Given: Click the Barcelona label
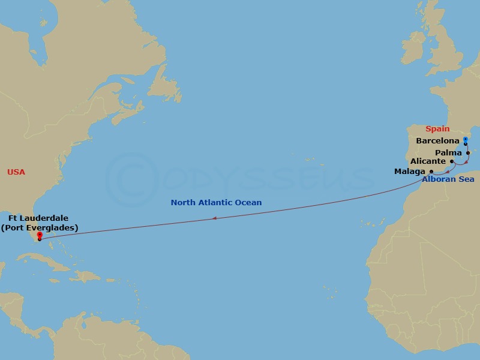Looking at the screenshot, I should (x=437, y=141).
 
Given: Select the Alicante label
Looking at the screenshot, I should (x=428, y=161).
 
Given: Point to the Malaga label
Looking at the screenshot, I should (x=410, y=172).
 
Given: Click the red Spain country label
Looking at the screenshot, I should (x=437, y=129).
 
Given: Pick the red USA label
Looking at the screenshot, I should (x=16, y=172).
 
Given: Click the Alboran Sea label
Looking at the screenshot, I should (x=448, y=179).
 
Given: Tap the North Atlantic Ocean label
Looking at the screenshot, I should (x=216, y=203).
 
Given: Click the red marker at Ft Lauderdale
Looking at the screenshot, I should (x=39, y=235).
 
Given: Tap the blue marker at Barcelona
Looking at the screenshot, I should (x=466, y=140).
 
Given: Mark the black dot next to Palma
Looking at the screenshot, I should (x=468, y=152).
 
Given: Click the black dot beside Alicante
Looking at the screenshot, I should (x=452, y=161).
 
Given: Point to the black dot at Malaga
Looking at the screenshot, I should (x=431, y=171).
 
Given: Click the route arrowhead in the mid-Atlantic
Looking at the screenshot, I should (x=214, y=218).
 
